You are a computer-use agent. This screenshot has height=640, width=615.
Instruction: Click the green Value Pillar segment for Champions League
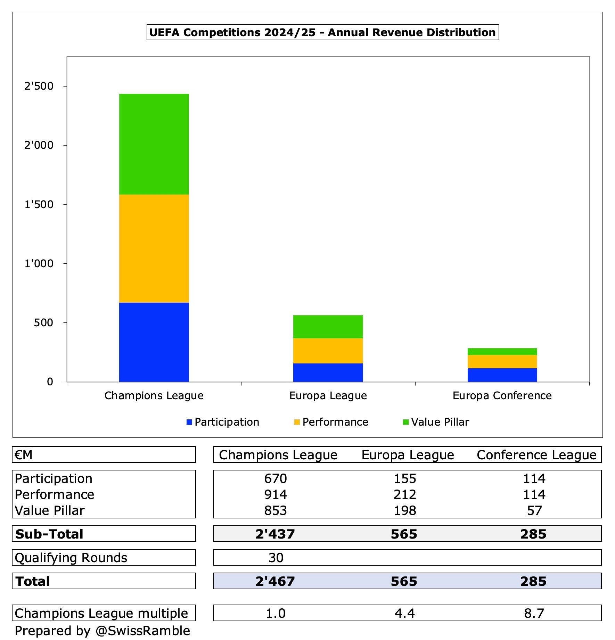154,144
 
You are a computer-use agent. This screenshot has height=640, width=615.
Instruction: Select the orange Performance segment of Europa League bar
328,351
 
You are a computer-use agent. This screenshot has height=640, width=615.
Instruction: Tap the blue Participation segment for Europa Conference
502,375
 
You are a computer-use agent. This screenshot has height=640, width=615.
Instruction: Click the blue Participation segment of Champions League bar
154,342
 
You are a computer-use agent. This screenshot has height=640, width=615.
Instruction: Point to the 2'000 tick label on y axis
39,145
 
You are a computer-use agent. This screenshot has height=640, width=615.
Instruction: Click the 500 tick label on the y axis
43,323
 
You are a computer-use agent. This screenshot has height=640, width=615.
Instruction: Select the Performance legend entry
331,422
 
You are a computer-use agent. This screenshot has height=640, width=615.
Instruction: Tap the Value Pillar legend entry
436,422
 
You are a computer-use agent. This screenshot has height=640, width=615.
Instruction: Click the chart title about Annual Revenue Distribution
322,32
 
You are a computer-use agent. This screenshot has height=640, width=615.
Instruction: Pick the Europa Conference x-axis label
502,396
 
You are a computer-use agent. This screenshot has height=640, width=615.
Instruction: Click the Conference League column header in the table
536,455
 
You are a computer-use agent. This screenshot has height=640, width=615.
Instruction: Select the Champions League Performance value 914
276,494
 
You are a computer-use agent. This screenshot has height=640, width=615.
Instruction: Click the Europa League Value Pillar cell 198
405,510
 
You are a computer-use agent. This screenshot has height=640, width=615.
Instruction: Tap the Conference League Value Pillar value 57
534,510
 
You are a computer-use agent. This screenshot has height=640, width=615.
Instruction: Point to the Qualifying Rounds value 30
276,558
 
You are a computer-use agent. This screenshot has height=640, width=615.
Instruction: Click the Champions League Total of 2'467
275,581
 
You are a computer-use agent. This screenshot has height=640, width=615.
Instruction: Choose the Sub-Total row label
49,534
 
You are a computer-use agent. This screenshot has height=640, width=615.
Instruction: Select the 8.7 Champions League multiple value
534,613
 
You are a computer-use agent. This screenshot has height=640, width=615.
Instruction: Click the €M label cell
24,455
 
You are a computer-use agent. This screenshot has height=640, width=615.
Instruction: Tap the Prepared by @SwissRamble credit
102,631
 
